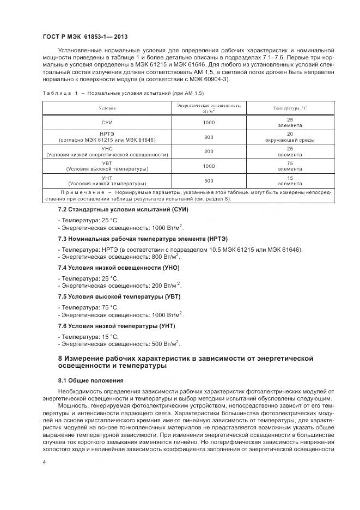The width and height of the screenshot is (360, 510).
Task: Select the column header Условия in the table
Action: coord(107,108)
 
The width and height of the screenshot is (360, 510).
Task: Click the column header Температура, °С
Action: coord(290,108)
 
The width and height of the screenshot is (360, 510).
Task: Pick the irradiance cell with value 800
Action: coord(209,137)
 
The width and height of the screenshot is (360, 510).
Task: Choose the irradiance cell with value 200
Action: coord(209,151)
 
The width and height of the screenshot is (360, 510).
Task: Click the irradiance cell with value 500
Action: coord(209,180)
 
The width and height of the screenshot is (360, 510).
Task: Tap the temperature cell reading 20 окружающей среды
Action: coord(290,137)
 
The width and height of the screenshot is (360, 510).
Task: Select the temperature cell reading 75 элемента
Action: coord(290,166)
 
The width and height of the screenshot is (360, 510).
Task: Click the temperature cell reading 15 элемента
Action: coord(290,180)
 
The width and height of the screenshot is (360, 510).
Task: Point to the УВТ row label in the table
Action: coord(107,166)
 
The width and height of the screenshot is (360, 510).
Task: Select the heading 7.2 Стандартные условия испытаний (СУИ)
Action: coord(120,209)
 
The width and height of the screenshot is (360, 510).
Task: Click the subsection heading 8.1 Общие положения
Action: coord(91,380)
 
